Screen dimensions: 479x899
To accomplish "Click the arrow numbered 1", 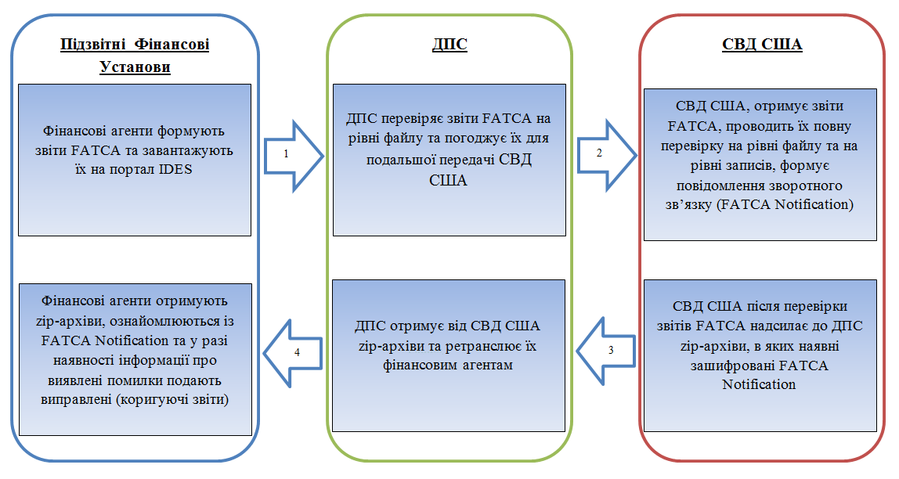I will [292, 154].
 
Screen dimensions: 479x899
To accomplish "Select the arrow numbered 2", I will [605, 153].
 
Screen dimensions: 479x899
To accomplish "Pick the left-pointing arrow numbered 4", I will [292, 353].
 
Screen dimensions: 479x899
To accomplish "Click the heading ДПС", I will [449, 44].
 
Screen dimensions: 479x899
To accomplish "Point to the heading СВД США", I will [762, 44].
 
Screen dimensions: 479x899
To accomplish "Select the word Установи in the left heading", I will [135, 67].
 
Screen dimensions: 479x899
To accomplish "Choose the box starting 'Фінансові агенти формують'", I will [135, 160].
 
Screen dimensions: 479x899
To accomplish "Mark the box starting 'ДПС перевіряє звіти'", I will [449, 160].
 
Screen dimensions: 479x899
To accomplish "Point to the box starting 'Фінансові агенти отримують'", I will [135, 359].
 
